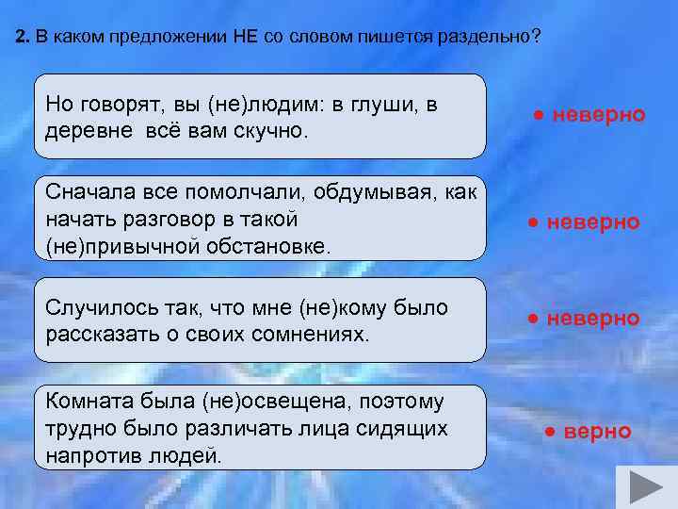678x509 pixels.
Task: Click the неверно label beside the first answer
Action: click(x=598, y=115)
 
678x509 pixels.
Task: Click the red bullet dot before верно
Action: click(x=551, y=433)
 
